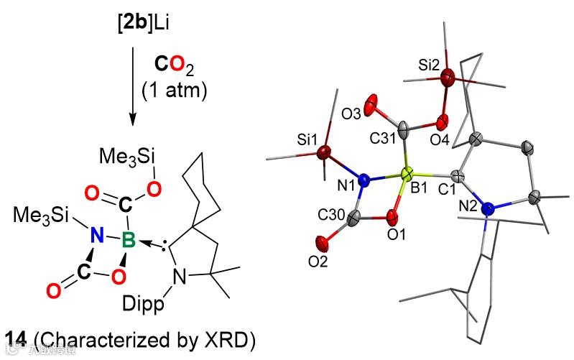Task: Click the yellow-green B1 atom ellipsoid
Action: [x=407, y=174]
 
